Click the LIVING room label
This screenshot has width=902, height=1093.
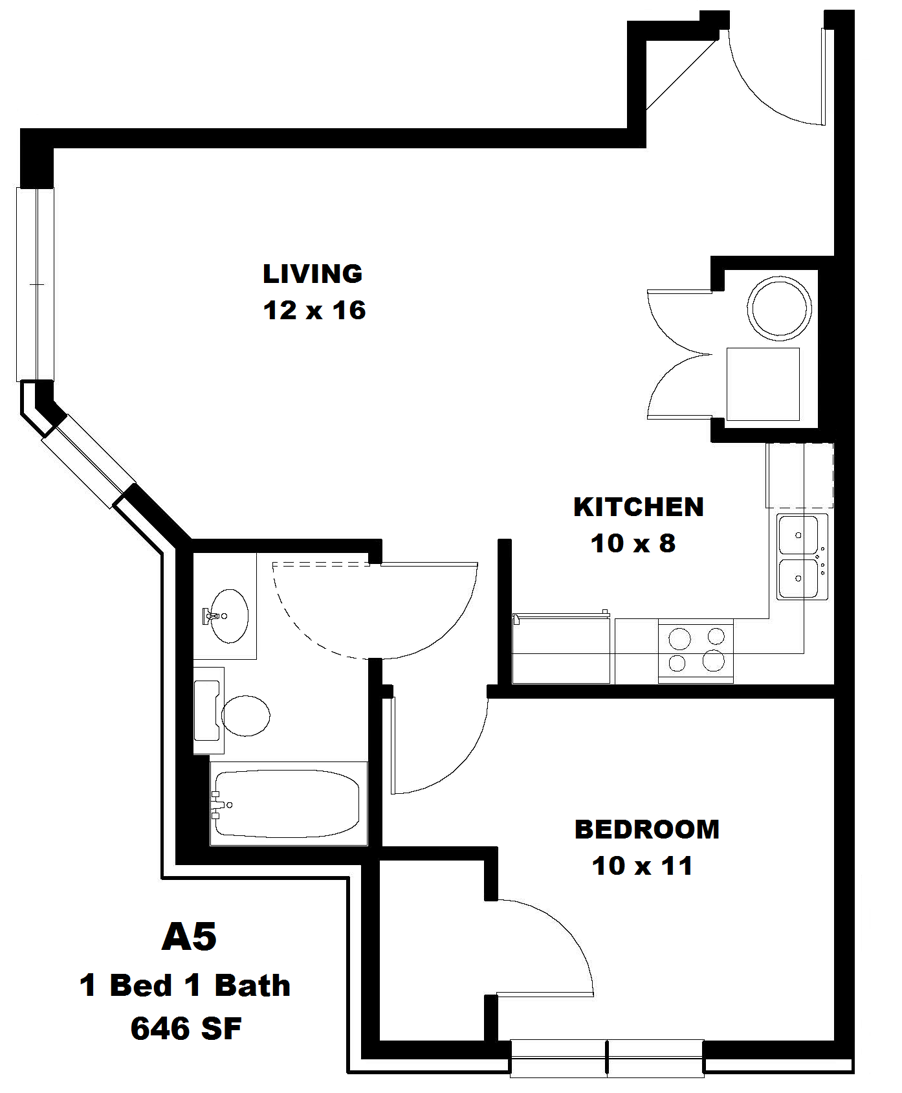pos(313,274)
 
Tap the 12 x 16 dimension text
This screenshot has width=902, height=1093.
pos(314,311)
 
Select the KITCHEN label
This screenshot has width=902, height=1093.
pos(639,507)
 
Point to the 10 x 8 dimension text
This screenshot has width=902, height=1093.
pos(633,543)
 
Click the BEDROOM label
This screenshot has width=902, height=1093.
pos(646,829)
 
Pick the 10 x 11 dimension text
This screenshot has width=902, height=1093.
pos(642,866)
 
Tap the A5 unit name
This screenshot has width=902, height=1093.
pos(188,937)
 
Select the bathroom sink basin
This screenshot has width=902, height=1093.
pos(230,616)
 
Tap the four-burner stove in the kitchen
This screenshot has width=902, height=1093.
pos(696,650)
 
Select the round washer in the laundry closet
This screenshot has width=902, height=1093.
pos(779,308)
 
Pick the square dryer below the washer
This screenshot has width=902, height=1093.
pos(762,384)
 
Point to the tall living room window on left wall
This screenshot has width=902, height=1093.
pos(35,284)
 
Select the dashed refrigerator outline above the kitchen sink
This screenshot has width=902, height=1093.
pos(800,475)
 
